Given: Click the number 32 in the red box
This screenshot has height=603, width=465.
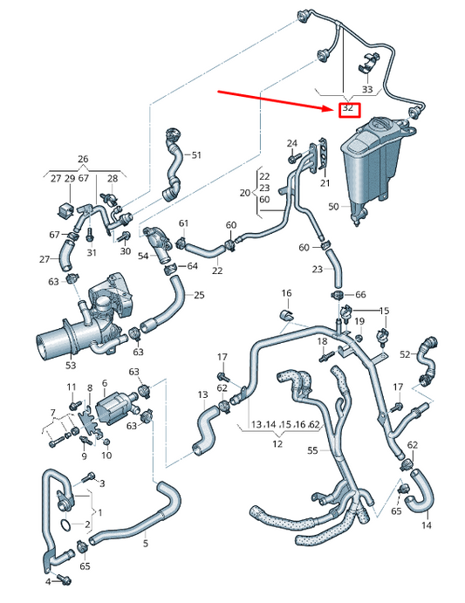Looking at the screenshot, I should [348, 109].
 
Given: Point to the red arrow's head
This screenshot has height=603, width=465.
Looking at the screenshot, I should [333, 107].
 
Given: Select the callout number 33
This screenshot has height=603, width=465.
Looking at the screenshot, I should [367, 89].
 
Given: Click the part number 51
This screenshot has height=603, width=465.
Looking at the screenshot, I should [196, 155].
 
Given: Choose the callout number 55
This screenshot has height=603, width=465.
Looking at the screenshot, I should [313, 451].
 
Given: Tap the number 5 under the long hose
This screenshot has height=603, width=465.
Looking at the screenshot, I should [146, 544].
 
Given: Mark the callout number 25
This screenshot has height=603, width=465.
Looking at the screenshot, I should [199, 295].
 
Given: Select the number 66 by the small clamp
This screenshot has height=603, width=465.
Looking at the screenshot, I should [361, 295].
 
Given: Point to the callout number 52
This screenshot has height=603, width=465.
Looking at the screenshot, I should [405, 354].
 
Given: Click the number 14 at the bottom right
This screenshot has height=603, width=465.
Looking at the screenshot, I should [427, 525].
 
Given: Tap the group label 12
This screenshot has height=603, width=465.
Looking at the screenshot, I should [277, 444].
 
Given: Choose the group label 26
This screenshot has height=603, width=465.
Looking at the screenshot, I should [83, 160].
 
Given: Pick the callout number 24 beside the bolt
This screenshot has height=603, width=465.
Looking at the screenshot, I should [291, 142].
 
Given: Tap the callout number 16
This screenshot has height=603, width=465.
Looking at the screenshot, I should [286, 292].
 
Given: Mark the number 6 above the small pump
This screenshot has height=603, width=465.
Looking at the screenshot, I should [104, 383].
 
